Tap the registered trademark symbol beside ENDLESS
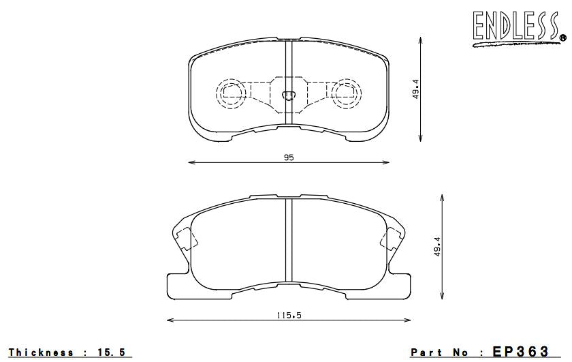(x=562, y=37)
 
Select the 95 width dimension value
(x=289, y=157)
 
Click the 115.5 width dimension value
(x=289, y=314)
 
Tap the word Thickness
(x=41, y=352)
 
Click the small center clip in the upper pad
(x=288, y=95)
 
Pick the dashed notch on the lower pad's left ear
(x=183, y=239)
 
